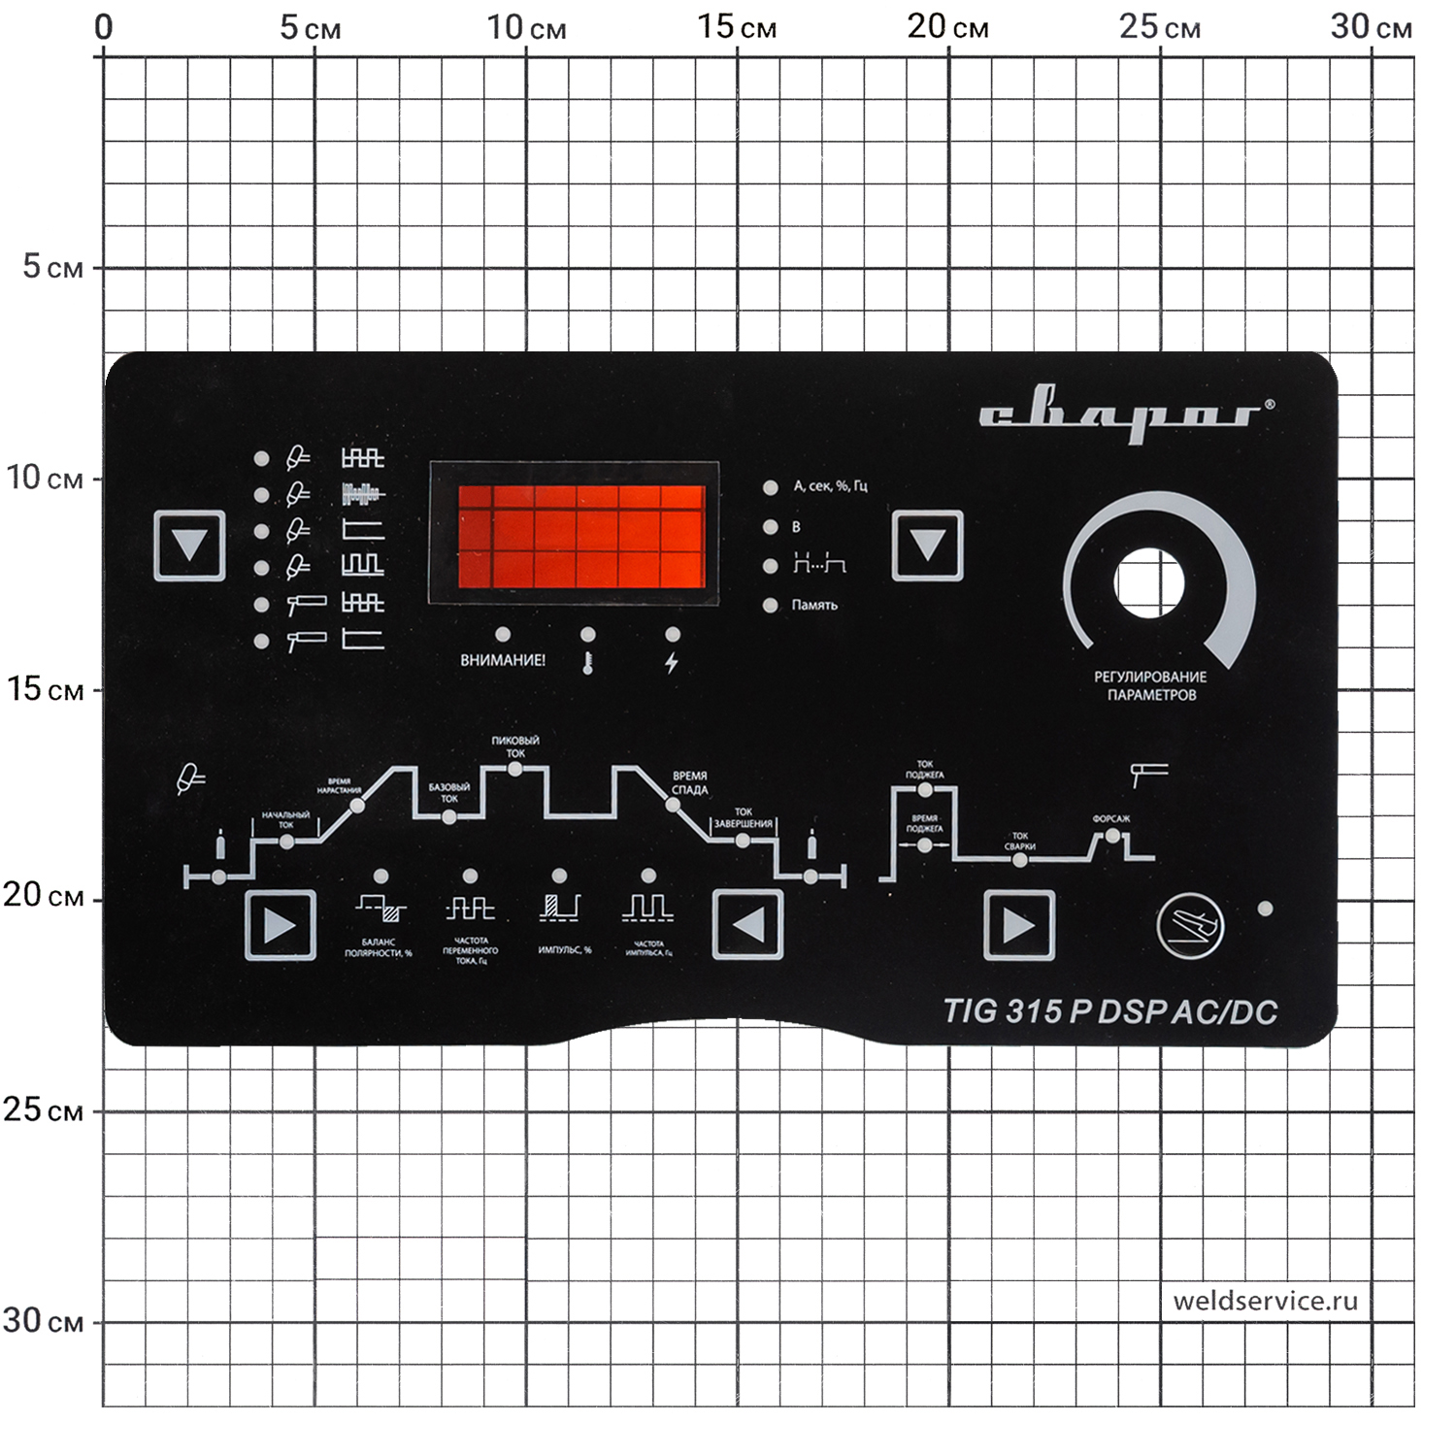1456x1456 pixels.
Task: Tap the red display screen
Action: tap(581, 536)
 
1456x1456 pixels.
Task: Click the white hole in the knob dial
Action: tap(1149, 583)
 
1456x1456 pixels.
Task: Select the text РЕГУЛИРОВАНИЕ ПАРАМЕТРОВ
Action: tap(1150, 685)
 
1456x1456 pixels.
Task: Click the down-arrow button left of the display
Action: tap(189, 546)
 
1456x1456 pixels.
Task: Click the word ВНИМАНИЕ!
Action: tap(502, 660)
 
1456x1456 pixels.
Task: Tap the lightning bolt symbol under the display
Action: tap(671, 663)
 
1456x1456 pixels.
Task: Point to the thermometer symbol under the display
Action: tap(587, 664)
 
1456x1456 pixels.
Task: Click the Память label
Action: tap(813, 605)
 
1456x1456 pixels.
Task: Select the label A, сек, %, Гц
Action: tap(830, 485)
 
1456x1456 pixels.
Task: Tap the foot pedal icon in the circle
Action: tap(1190, 925)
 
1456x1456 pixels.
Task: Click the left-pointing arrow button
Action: tap(747, 925)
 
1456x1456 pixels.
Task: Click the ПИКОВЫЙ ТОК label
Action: tap(514, 746)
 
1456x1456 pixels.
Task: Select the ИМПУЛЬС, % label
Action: tap(564, 949)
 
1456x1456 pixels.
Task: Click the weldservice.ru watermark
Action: tap(1265, 1301)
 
